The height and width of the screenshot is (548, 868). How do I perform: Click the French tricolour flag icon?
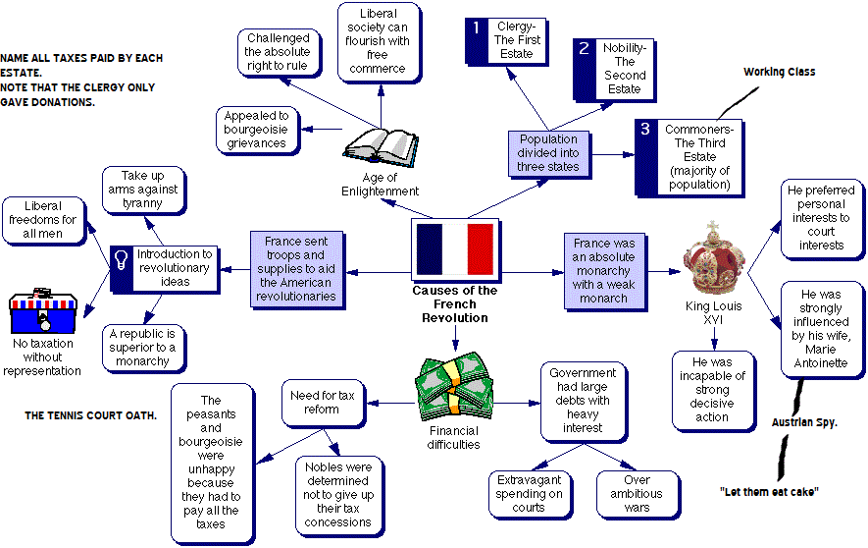point(455,249)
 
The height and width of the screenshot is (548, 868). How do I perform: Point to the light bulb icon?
point(123,261)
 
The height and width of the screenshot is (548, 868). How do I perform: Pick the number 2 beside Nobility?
point(584,48)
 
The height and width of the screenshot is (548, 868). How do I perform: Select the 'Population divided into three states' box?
point(548,153)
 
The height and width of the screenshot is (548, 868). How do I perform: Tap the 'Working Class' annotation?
point(779,72)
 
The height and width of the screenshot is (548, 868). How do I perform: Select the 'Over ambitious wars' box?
point(637,494)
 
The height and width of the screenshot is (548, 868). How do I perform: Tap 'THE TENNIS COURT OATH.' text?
point(90,415)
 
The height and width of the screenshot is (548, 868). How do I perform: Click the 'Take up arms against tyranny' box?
point(142,190)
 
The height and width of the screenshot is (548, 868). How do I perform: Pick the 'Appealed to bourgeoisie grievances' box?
point(257,130)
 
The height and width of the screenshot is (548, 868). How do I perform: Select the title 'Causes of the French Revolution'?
point(455,304)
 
